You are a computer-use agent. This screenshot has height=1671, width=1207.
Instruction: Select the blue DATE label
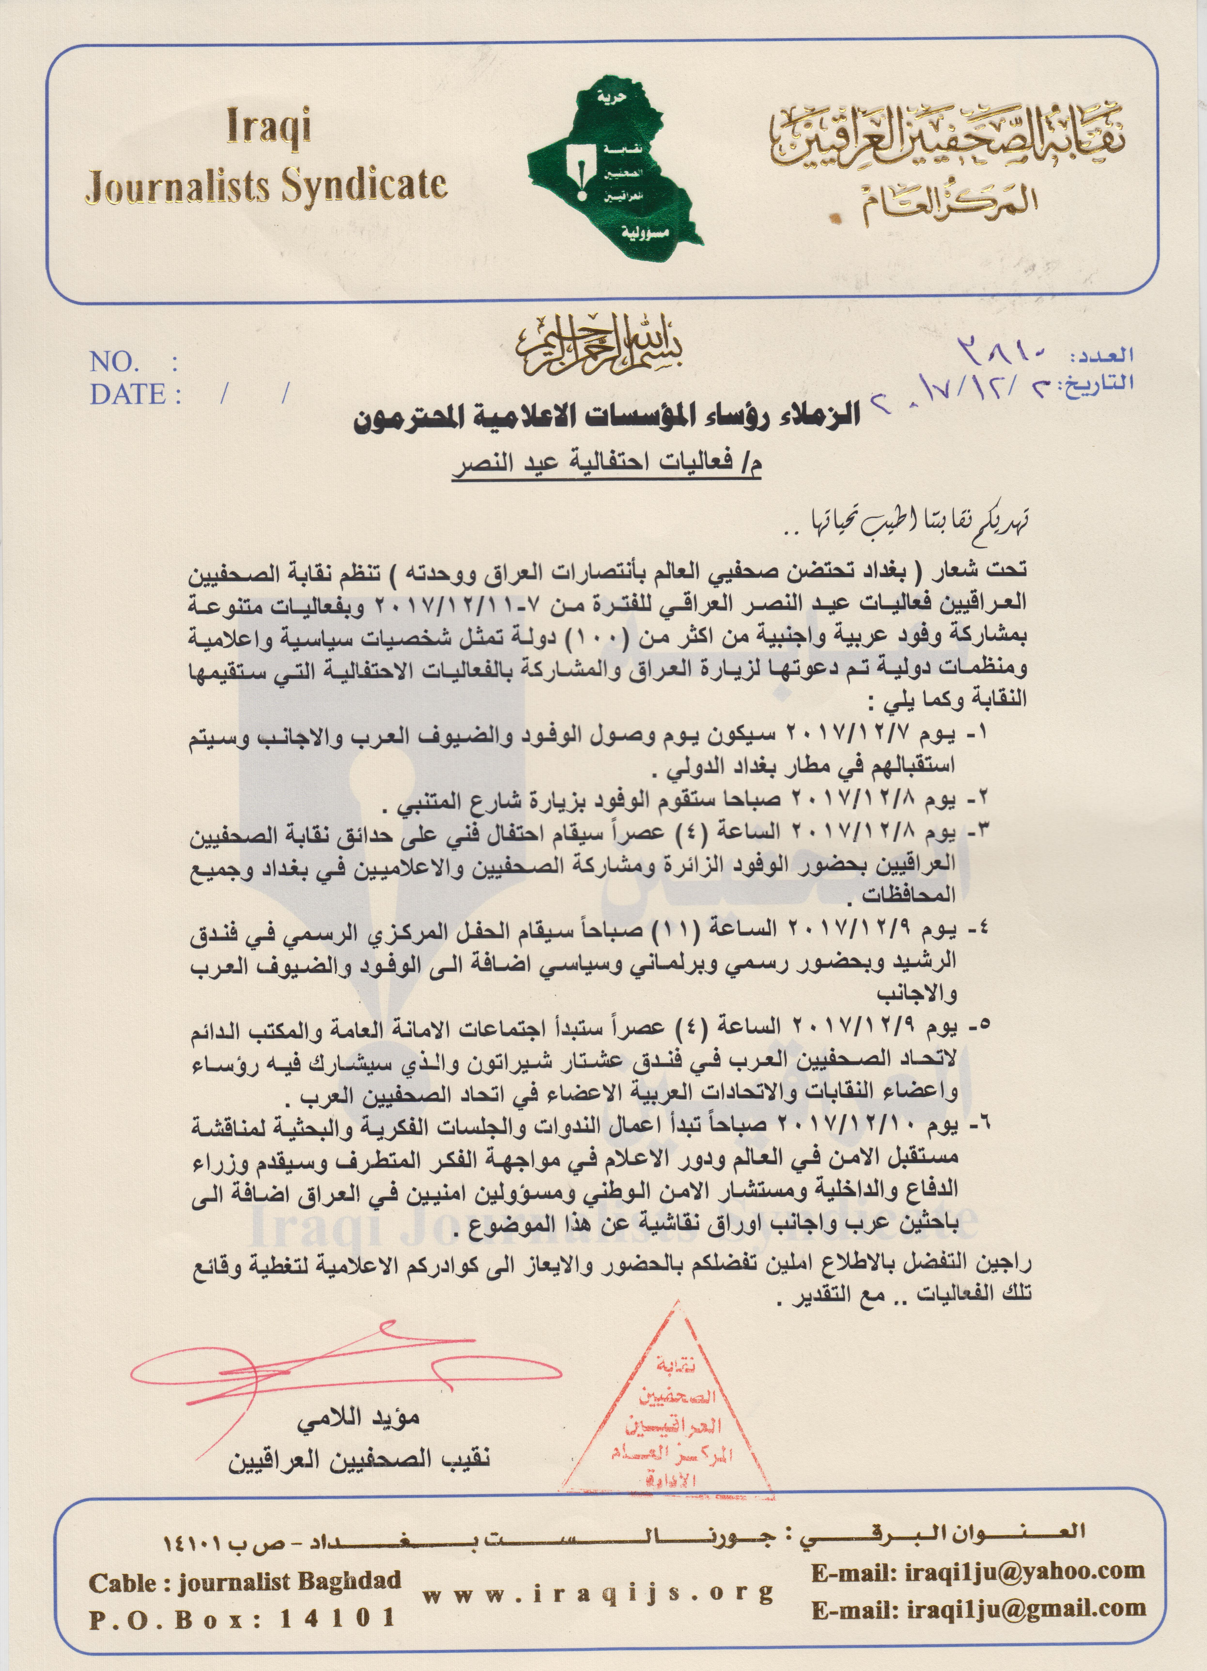[127, 394]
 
